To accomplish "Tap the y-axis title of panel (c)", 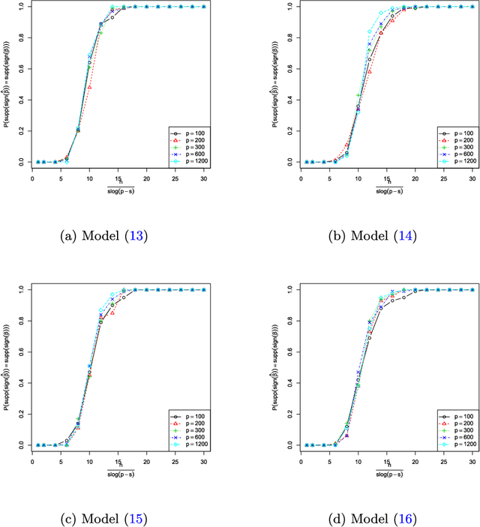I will [5, 367].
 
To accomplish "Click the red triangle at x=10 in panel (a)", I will [89, 87].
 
